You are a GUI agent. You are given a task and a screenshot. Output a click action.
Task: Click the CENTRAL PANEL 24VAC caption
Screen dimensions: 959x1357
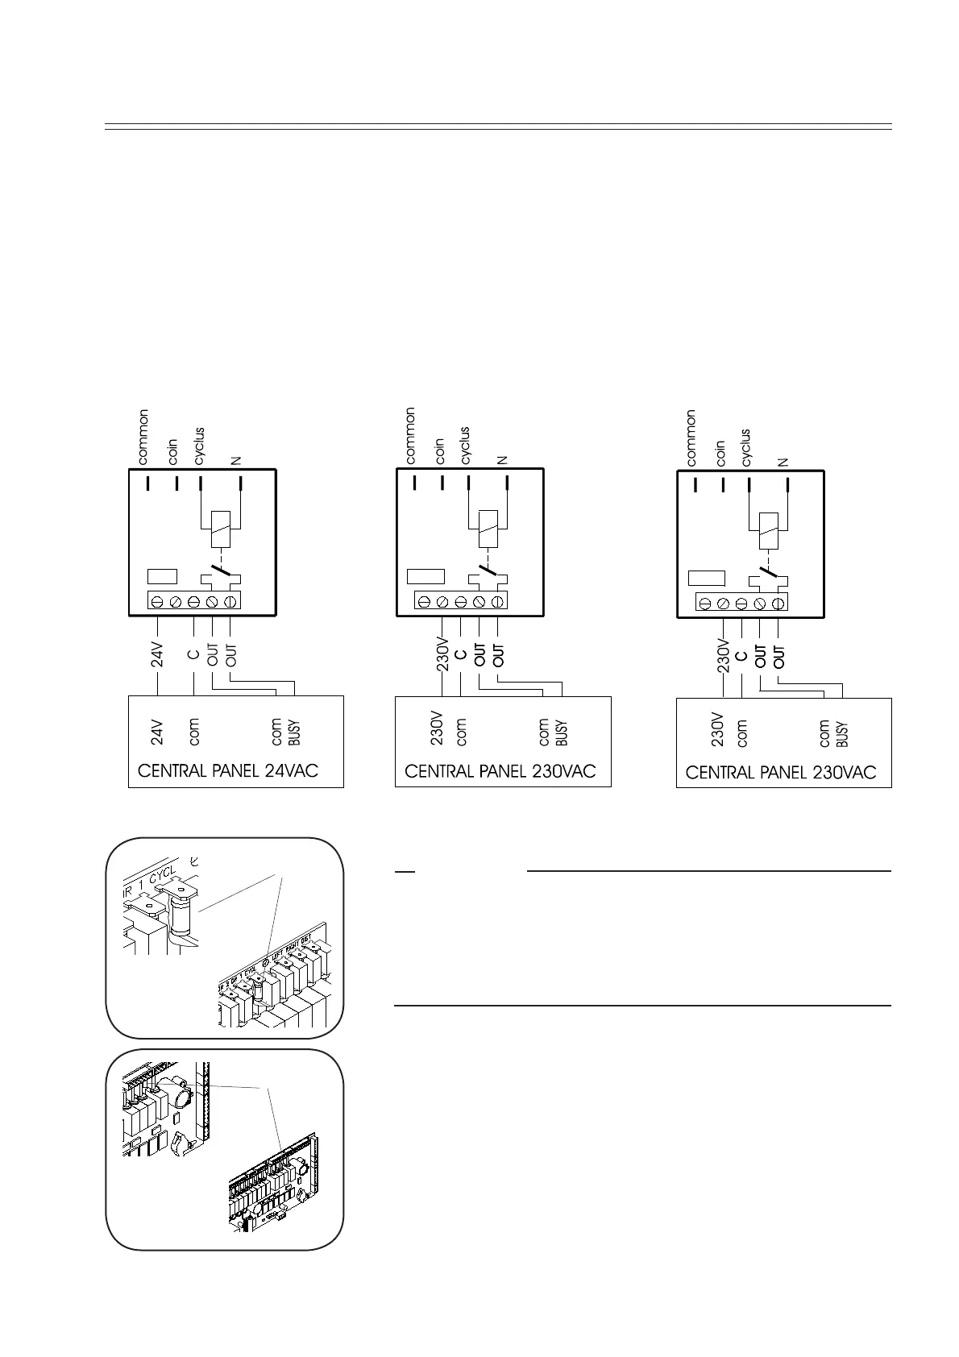click(228, 771)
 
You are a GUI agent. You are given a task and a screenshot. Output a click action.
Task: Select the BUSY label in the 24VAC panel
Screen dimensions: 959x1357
click(294, 732)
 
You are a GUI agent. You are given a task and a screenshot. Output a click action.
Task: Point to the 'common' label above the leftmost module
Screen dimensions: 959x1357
click(143, 438)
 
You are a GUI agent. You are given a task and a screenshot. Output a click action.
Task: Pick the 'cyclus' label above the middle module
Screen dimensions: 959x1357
click(465, 446)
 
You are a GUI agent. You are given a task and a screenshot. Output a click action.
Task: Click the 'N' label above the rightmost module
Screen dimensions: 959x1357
click(783, 463)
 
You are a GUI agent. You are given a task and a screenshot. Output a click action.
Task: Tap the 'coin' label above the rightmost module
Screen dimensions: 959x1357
click(720, 454)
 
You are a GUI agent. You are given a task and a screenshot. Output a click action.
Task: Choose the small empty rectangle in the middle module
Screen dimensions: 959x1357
click(426, 577)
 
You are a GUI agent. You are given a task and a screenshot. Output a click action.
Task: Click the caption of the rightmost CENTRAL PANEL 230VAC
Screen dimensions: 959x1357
click(780, 773)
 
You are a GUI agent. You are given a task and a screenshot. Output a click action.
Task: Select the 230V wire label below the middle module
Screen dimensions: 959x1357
click(442, 659)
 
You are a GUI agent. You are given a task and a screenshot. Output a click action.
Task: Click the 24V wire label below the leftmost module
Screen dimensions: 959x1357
click(158, 654)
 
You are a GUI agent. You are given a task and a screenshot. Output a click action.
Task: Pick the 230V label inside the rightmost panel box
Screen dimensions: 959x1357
click(718, 731)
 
